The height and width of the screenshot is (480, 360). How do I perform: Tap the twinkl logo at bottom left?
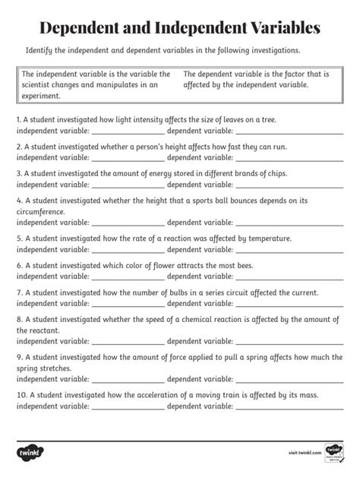[27, 453]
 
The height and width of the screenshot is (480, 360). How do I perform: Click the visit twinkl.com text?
[305, 453]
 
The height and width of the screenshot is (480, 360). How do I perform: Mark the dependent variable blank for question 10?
[289, 406]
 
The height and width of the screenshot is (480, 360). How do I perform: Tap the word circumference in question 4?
[41, 212]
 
